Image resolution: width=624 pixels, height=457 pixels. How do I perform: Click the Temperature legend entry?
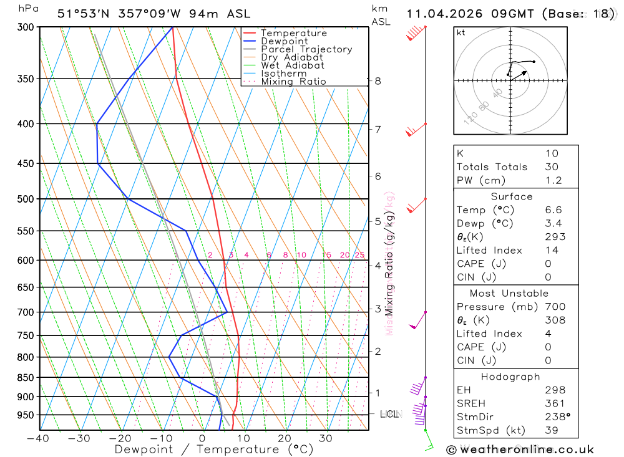click(293, 33)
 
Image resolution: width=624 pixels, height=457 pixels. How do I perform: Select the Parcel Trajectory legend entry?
click(306, 49)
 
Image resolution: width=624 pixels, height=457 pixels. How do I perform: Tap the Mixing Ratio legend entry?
click(293, 82)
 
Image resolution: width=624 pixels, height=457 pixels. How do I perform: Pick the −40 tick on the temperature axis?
click(38, 438)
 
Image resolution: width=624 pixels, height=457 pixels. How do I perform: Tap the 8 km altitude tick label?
click(378, 81)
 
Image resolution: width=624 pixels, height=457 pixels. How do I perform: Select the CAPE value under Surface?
click(552, 264)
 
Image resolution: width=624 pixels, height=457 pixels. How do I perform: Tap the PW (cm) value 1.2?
click(553, 181)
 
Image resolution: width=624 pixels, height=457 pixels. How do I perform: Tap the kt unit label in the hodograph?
click(461, 32)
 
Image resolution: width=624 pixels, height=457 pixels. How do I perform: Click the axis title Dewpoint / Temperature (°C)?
click(214, 449)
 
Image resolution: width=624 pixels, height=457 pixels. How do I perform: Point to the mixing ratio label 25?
click(359, 255)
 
